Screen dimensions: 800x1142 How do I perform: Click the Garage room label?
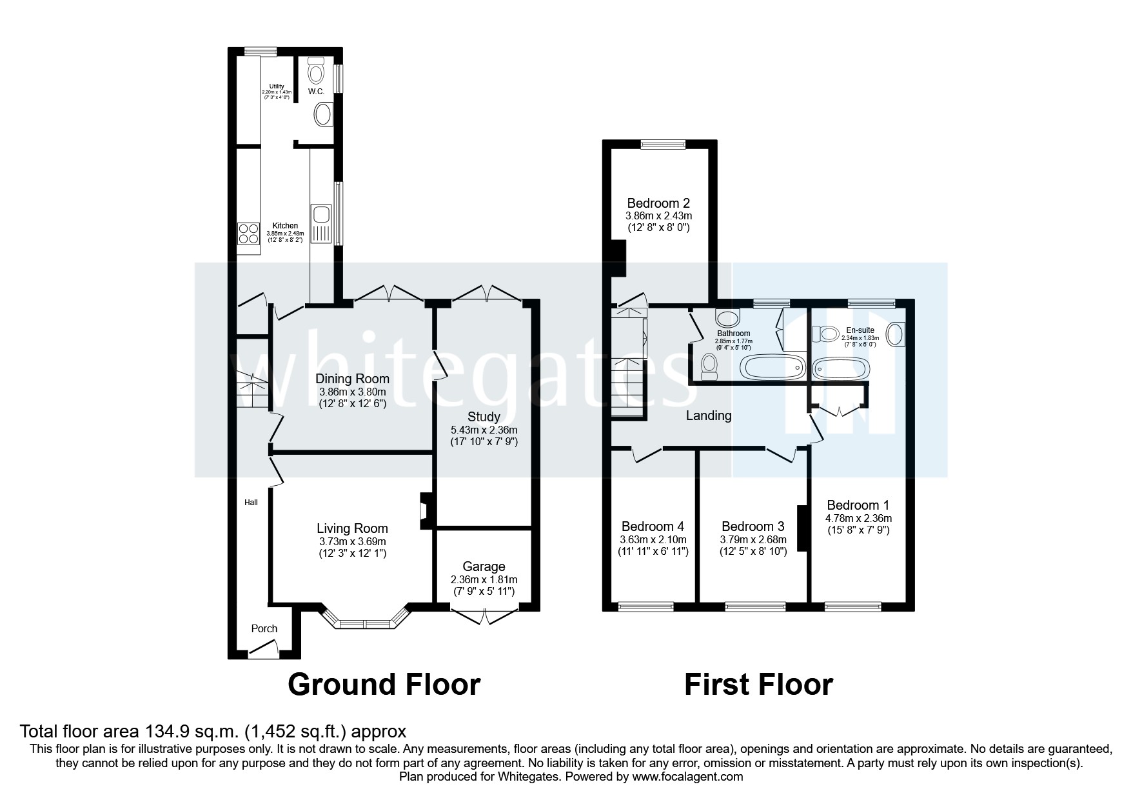(484, 566)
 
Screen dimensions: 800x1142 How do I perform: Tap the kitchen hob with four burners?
(247, 233)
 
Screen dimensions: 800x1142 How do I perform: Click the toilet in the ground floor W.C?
(316, 70)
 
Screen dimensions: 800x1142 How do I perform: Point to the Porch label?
(264, 628)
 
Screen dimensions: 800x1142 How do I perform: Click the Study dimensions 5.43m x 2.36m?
(484, 430)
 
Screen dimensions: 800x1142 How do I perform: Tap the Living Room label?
(352, 528)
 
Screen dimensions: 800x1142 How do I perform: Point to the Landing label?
(708, 415)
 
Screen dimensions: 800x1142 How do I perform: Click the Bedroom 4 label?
(653, 526)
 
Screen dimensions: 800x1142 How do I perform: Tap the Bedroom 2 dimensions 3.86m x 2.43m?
(658, 216)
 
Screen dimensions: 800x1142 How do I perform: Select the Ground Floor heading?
(384, 685)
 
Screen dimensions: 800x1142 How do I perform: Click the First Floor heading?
(758, 685)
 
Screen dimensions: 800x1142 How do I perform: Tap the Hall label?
(251, 502)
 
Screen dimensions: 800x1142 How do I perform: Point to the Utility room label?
(277, 86)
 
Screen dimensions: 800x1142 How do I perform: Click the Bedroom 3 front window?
(755, 606)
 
